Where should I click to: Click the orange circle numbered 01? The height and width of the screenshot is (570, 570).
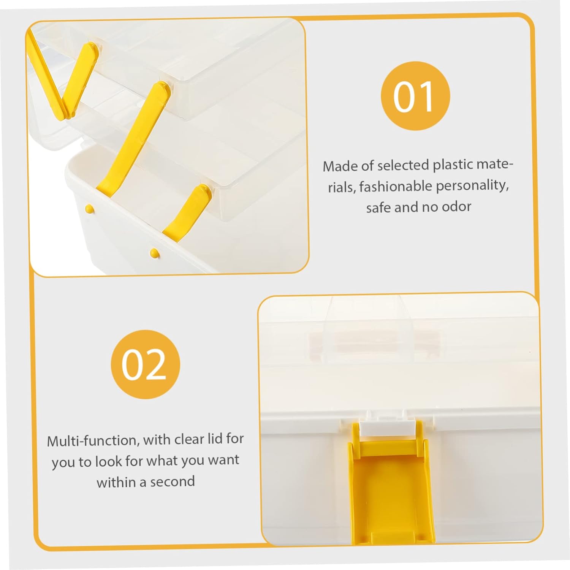point(415,96)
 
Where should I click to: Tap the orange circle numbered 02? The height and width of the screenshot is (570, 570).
point(145,364)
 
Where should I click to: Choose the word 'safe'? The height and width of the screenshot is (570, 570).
point(378,207)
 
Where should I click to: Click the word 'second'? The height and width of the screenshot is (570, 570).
point(173,482)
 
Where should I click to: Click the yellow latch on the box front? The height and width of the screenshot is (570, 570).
point(391,494)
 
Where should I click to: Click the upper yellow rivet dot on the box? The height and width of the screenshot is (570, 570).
point(89,208)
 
